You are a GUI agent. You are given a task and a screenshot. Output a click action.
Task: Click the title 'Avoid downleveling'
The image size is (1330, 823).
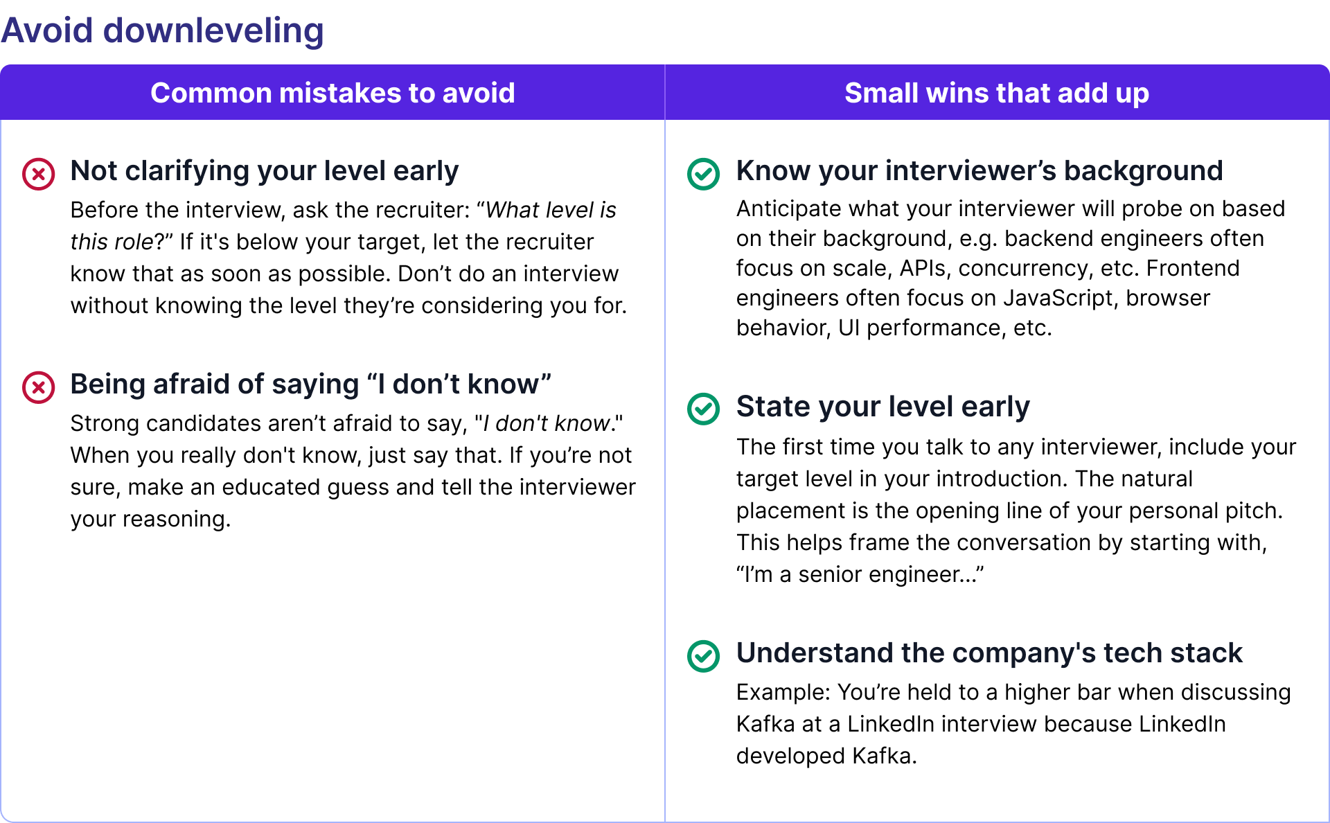coord(162,30)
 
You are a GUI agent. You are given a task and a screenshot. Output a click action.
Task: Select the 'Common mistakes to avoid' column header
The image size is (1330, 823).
coord(332,93)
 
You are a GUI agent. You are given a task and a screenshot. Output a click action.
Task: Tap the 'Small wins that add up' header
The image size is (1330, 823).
coord(996,93)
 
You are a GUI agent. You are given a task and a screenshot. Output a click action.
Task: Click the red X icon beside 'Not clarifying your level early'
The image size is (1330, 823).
coord(39,174)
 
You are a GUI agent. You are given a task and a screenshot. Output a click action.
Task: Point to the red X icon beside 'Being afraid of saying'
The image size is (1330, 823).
coord(39,387)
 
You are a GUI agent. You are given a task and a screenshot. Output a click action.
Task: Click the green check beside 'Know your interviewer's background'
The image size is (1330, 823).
coord(703,174)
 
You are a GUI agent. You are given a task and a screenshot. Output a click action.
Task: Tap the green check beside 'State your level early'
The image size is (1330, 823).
coord(703,409)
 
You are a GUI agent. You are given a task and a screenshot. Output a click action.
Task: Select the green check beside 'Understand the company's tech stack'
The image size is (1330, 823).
coord(703,655)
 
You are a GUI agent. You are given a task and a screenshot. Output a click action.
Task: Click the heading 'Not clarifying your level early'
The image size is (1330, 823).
coord(264,171)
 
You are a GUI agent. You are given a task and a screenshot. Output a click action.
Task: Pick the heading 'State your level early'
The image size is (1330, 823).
coord(883,407)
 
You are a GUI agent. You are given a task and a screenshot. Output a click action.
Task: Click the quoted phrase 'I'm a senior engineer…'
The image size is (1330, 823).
coord(860,574)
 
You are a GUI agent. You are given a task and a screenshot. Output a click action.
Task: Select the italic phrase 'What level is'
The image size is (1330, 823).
coord(551,210)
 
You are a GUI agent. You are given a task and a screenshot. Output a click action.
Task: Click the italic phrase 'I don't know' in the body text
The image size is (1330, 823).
coord(546,423)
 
